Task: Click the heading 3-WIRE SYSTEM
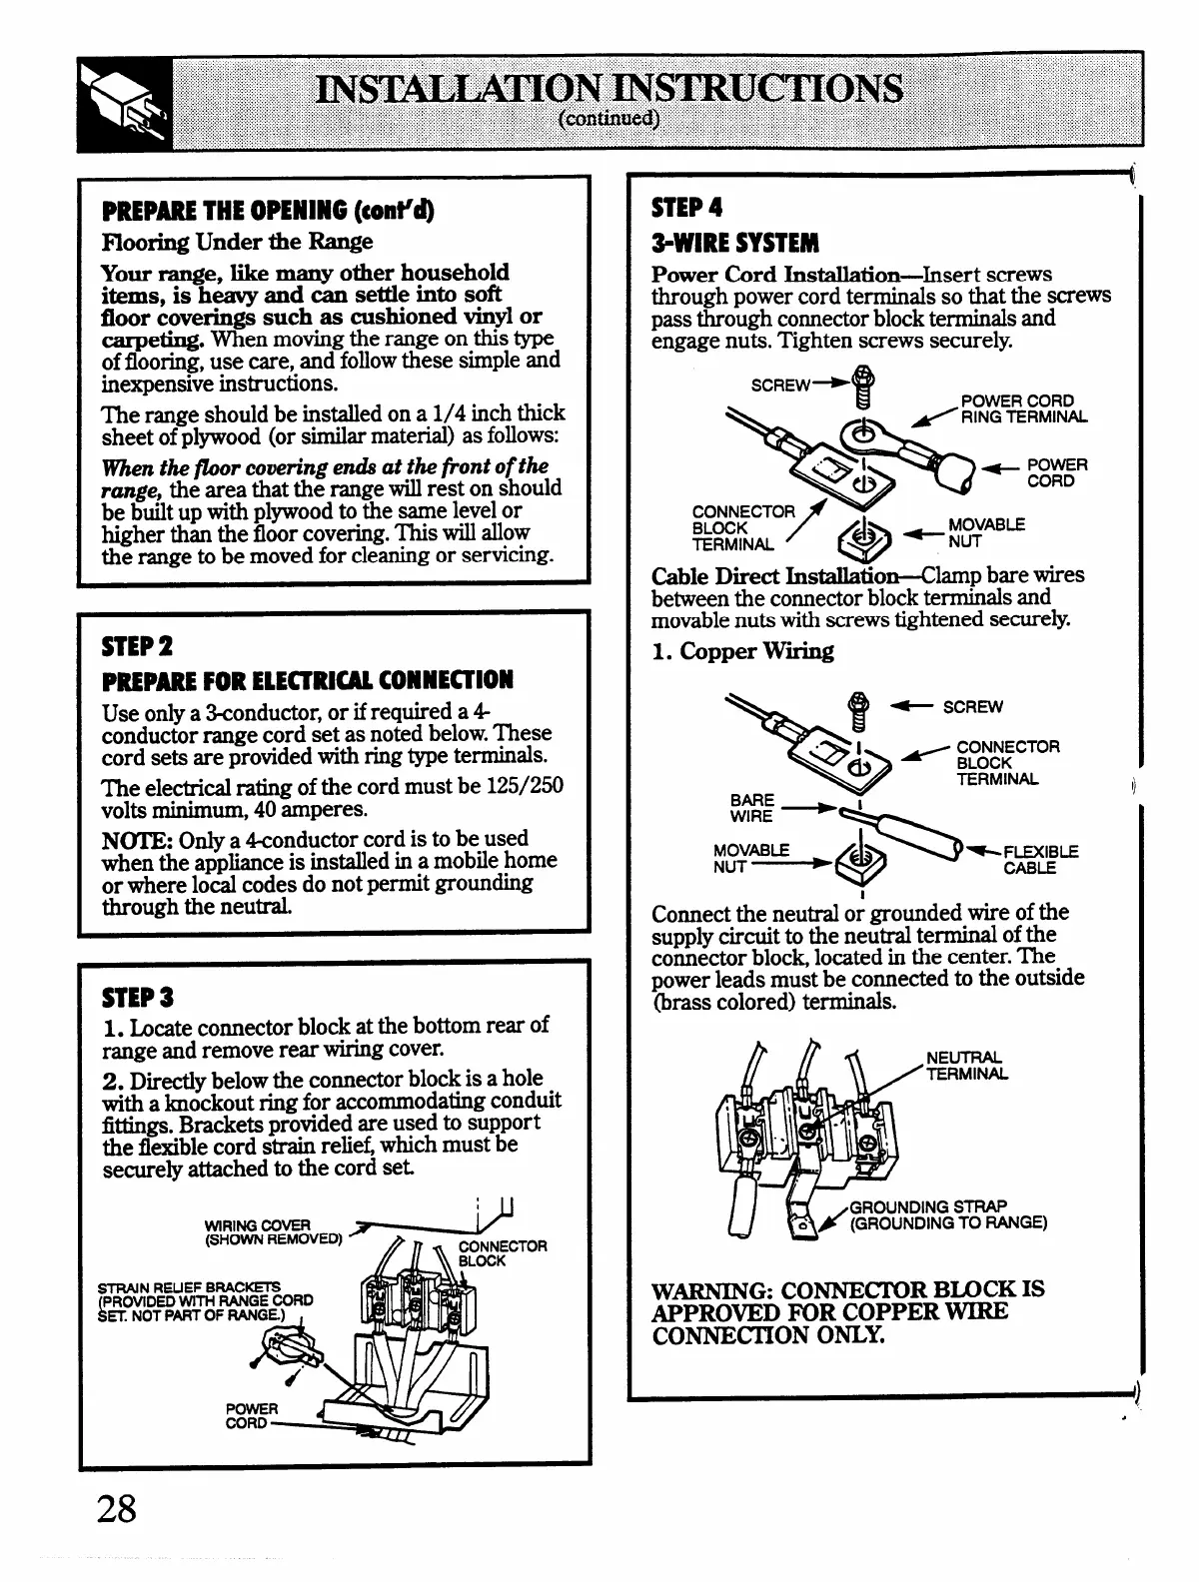point(734,243)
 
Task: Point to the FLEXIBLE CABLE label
point(1040,860)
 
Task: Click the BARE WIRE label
point(751,808)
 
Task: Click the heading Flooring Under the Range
point(237,242)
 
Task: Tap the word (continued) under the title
point(608,120)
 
